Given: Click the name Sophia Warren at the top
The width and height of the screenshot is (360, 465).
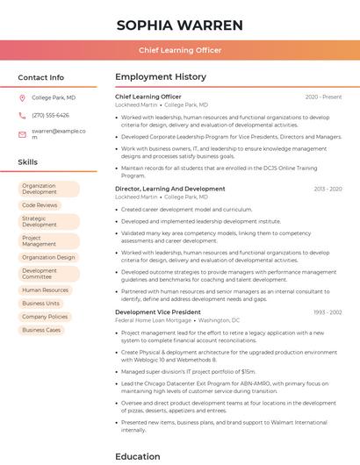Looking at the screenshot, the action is click(x=179, y=24).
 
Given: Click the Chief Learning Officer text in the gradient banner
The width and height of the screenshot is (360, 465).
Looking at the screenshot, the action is click(x=179, y=50).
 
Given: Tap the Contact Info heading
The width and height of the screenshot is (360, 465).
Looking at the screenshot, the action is click(x=41, y=77).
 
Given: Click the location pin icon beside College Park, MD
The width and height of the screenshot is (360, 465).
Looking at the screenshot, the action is click(x=22, y=98).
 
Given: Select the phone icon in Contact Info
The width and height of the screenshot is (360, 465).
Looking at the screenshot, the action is click(x=22, y=115).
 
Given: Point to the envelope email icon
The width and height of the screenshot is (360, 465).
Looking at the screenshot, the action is click(x=22, y=133).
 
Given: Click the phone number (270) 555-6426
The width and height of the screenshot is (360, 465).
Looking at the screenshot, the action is click(x=50, y=115).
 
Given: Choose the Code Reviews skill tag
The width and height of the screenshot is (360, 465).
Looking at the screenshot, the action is click(x=40, y=205).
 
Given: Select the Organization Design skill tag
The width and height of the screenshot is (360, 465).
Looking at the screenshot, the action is click(x=48, y=257).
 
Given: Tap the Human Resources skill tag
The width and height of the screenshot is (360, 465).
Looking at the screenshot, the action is click(x=45, y=290).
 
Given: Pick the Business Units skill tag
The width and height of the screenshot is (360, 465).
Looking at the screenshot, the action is click(x=41, y=304).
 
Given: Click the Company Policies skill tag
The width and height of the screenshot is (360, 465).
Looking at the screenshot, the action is click(x=45, y=317).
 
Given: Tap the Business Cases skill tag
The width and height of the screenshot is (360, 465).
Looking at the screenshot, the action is click(x=41, y=330).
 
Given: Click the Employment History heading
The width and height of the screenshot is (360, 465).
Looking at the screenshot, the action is click(x=161, y=77).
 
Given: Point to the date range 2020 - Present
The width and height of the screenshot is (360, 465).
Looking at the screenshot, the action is click(x=323, y=97).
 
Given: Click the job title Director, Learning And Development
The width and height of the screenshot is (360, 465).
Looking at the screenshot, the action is click(x=169, y=189).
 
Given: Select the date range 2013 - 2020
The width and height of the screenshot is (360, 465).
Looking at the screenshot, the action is click(x=328, y=189).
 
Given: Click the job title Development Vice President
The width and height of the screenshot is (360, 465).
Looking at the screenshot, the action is click(x=157, y=311).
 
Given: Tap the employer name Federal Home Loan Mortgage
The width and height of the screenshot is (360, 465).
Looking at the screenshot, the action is click(x=154, y=320).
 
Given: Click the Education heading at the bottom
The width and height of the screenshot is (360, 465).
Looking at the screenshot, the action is click(x=138, y=456).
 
